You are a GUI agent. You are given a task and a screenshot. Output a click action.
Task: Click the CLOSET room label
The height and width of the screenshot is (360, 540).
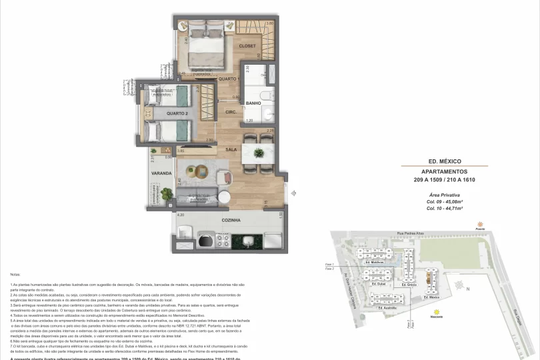pos(247,46)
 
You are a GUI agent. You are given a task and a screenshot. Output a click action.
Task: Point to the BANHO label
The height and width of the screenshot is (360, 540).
pos(253,103)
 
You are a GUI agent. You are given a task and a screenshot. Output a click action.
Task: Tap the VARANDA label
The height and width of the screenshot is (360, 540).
pos(161,173)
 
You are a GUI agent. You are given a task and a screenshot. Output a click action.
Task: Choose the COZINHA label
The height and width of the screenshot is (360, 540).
pos(231,220)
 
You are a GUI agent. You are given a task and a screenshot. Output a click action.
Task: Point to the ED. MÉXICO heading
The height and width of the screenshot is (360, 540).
pos(445,161)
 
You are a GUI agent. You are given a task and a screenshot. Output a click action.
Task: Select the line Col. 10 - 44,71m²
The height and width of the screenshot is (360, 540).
pos(445,208)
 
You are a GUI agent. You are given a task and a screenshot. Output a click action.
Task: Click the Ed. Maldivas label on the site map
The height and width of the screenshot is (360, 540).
pos(378,263)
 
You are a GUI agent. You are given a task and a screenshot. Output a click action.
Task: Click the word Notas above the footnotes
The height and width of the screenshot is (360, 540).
pos(16,274)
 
